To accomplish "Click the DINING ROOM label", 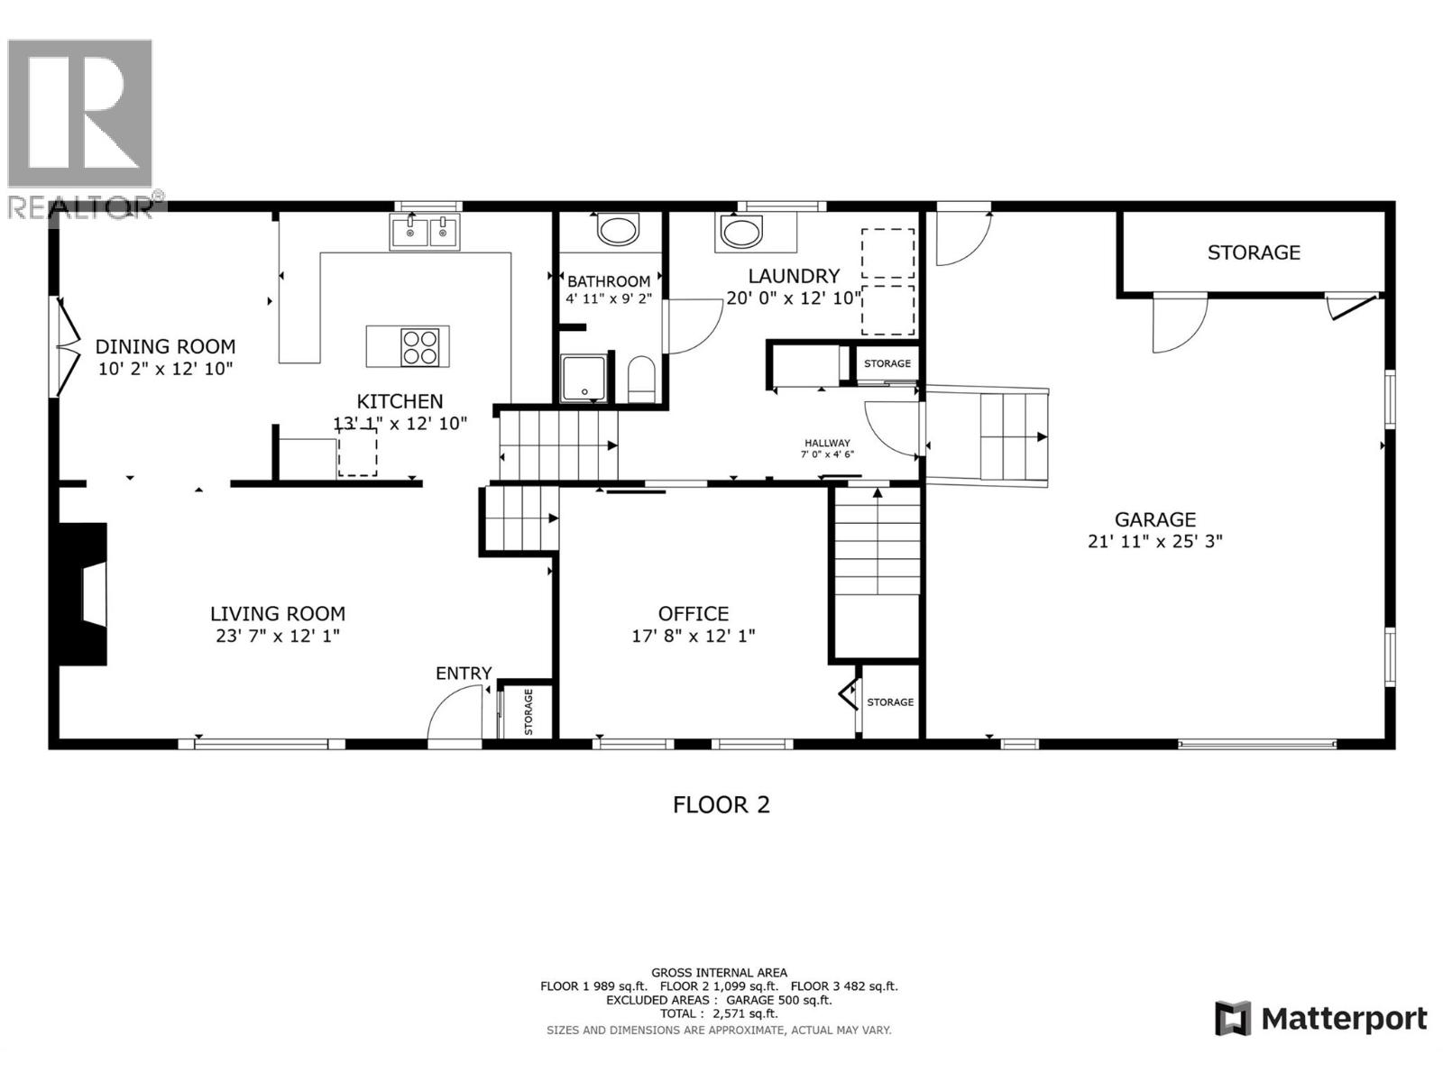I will click(165, 346).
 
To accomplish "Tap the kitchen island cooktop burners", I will click(420, 347).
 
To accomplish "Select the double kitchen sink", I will click(425, 232).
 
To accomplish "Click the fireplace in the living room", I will click(84, 594).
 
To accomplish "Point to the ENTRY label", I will click(464, 673).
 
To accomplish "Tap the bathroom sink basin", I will click(619, 230).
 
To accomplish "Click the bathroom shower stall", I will click(584, 378).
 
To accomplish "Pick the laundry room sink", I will click(740, 232).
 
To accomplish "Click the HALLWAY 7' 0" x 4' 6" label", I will click(827, 448).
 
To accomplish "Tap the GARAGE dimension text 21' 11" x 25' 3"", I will click(1154, 541).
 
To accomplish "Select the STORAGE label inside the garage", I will click(1254, 252).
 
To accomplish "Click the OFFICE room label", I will click(693, 614).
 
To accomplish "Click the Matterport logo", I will click(1321, 1019).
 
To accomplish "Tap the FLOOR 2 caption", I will click(721, 804).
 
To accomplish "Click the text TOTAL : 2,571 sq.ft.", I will click(719, 1013).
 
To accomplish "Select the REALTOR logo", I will click(81, 126).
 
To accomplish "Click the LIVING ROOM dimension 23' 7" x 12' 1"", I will click(278, 636).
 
